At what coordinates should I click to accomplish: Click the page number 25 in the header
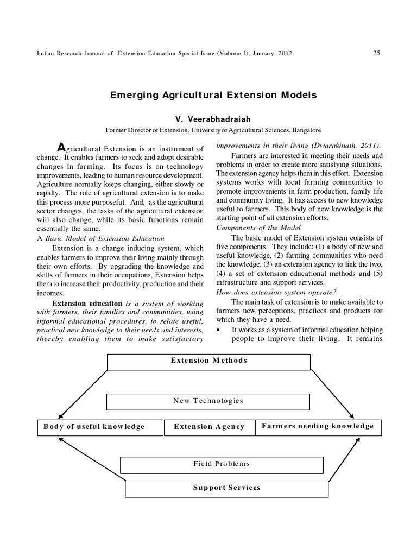tap(377, 53)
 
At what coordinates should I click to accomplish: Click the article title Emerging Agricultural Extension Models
tap(213, 95)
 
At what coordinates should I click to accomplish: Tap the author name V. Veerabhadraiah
tap(213, 119)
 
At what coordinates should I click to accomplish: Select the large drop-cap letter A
tap(61, 147)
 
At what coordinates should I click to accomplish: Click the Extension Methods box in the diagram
tap(208, 361)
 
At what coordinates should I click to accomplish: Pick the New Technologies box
tap(208, 401)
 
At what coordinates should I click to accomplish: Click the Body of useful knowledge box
tap(100, 427)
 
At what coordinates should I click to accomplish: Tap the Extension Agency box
tap(209, 427)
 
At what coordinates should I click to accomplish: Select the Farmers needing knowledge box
tap(318, 426)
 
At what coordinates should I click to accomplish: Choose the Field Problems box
tap(221, 464)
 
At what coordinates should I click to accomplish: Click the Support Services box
tap(226, 488)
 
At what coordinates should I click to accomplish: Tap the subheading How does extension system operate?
tap(276, 292)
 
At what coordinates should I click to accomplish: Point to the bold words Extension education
tap(87, 303)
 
